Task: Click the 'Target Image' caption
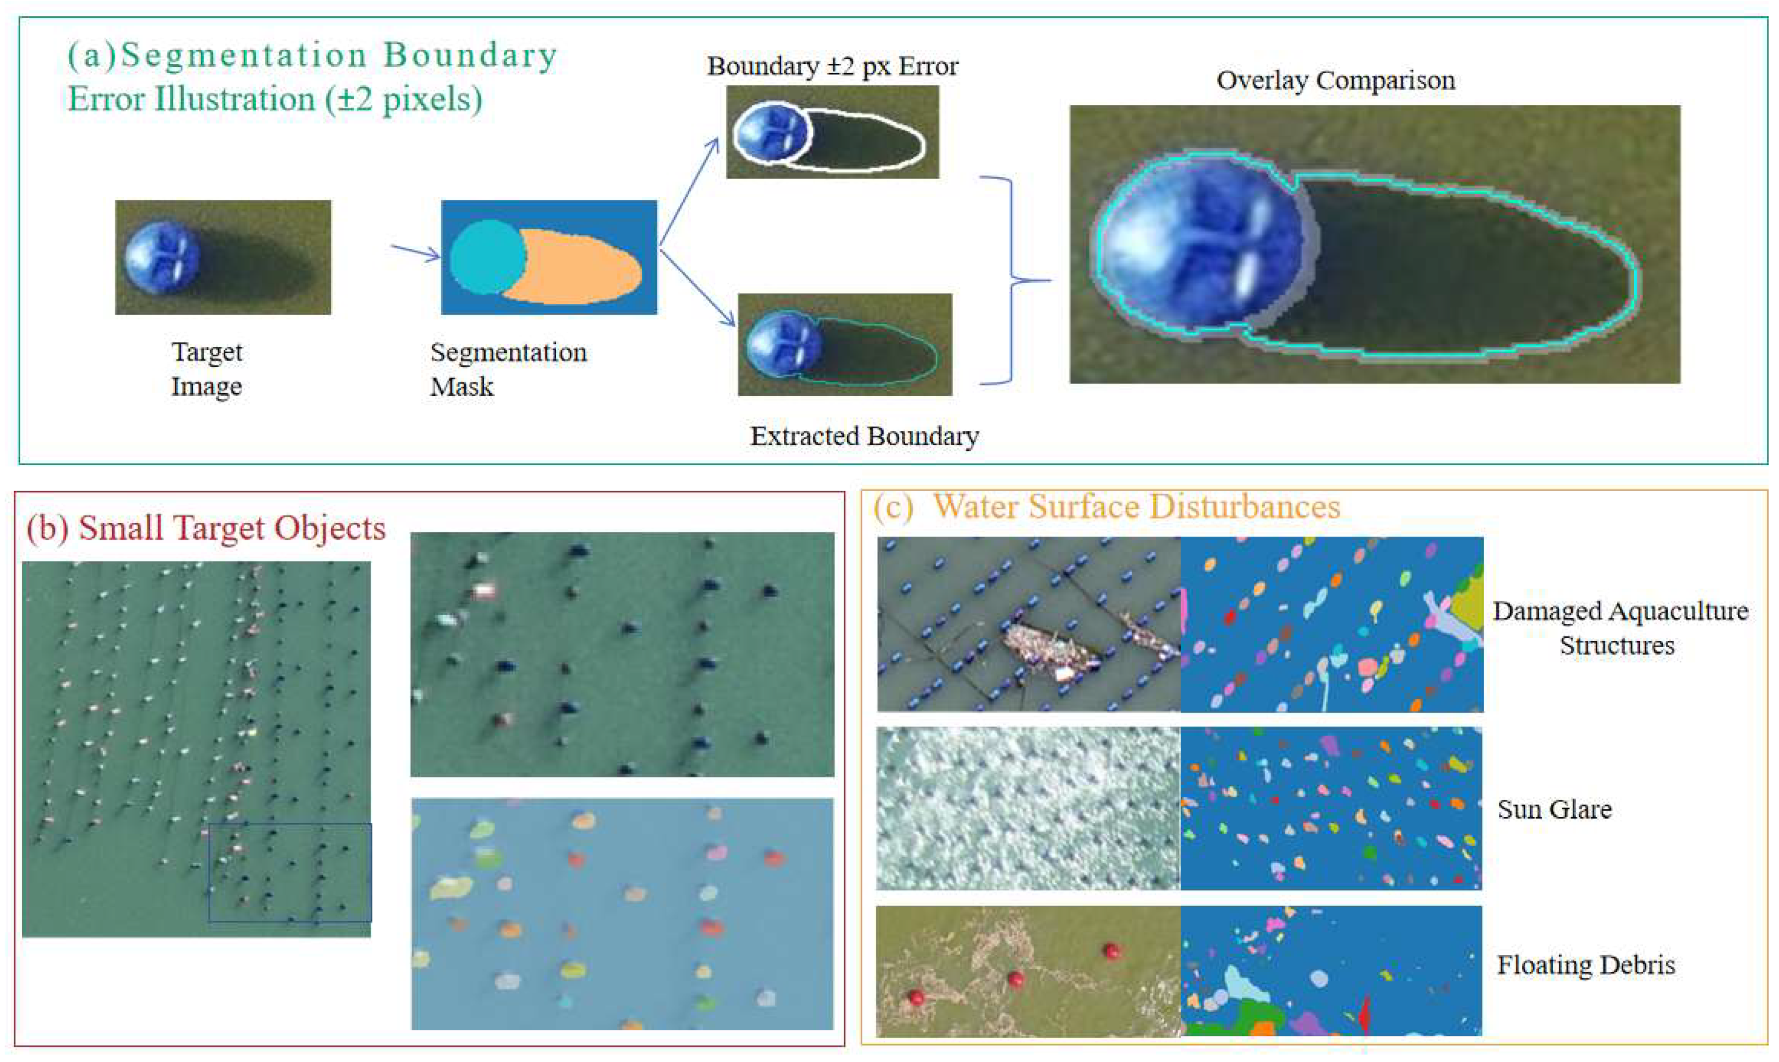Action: [x=206, y=369]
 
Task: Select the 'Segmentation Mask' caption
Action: [x=508, y=369]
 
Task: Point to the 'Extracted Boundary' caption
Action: [x=864, y=436]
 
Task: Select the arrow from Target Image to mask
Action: [x=415, y=252]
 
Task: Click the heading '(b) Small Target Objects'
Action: [x=206, y=528]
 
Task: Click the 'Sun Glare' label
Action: [x=1554, y=809]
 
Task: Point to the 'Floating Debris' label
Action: [x=1586, y=965]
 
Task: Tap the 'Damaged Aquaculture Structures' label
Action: [x=1619, y=628]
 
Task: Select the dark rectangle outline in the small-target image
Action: [x=290, y=872]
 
